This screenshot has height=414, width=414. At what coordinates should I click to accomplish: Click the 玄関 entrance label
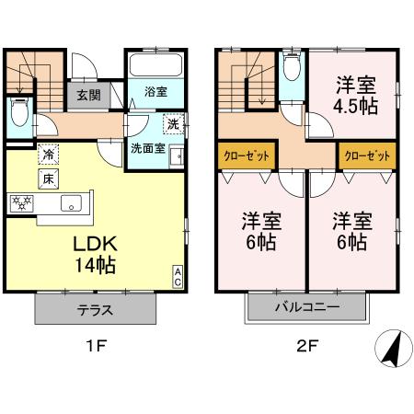coord(87,94)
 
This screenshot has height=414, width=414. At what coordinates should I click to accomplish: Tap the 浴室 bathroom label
coord(155,92)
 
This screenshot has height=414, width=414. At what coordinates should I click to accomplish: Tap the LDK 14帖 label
coord(95,255)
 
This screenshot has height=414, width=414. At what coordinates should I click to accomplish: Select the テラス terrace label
coord(95,310)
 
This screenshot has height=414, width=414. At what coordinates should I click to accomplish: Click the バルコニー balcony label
coord(306,308)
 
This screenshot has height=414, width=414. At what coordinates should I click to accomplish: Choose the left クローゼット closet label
coord(246,155)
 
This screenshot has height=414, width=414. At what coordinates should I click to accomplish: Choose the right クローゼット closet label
coord(366,155)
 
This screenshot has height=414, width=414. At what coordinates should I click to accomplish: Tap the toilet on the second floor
coord(293,68)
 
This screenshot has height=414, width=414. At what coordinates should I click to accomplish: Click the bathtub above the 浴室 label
coord(155,67)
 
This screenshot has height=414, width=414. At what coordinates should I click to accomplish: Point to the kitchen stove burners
coord(22,203)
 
